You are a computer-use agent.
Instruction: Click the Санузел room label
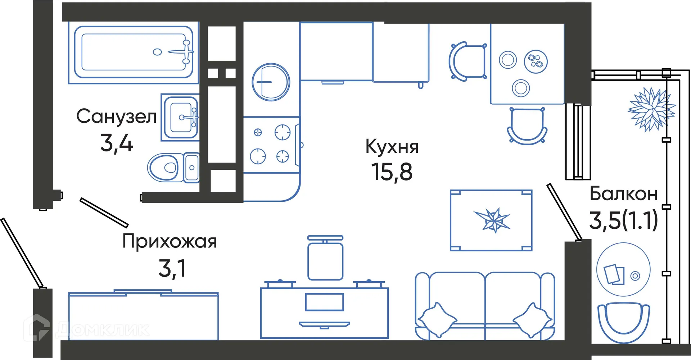click(116, 116)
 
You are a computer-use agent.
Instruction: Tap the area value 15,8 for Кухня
click(392, 172)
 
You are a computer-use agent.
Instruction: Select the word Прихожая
click(170, 241)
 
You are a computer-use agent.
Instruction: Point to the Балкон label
click(623, 194)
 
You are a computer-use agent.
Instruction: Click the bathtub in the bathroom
click(134, 52)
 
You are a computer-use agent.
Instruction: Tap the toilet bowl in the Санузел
click(164, 168)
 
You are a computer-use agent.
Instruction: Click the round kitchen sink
click(271, 82)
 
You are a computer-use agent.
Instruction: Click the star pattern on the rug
click(492, 220)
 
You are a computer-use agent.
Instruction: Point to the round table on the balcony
click(623, 269)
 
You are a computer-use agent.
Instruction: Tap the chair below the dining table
click(527, 126)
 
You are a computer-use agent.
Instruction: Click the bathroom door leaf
click(104, 213)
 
